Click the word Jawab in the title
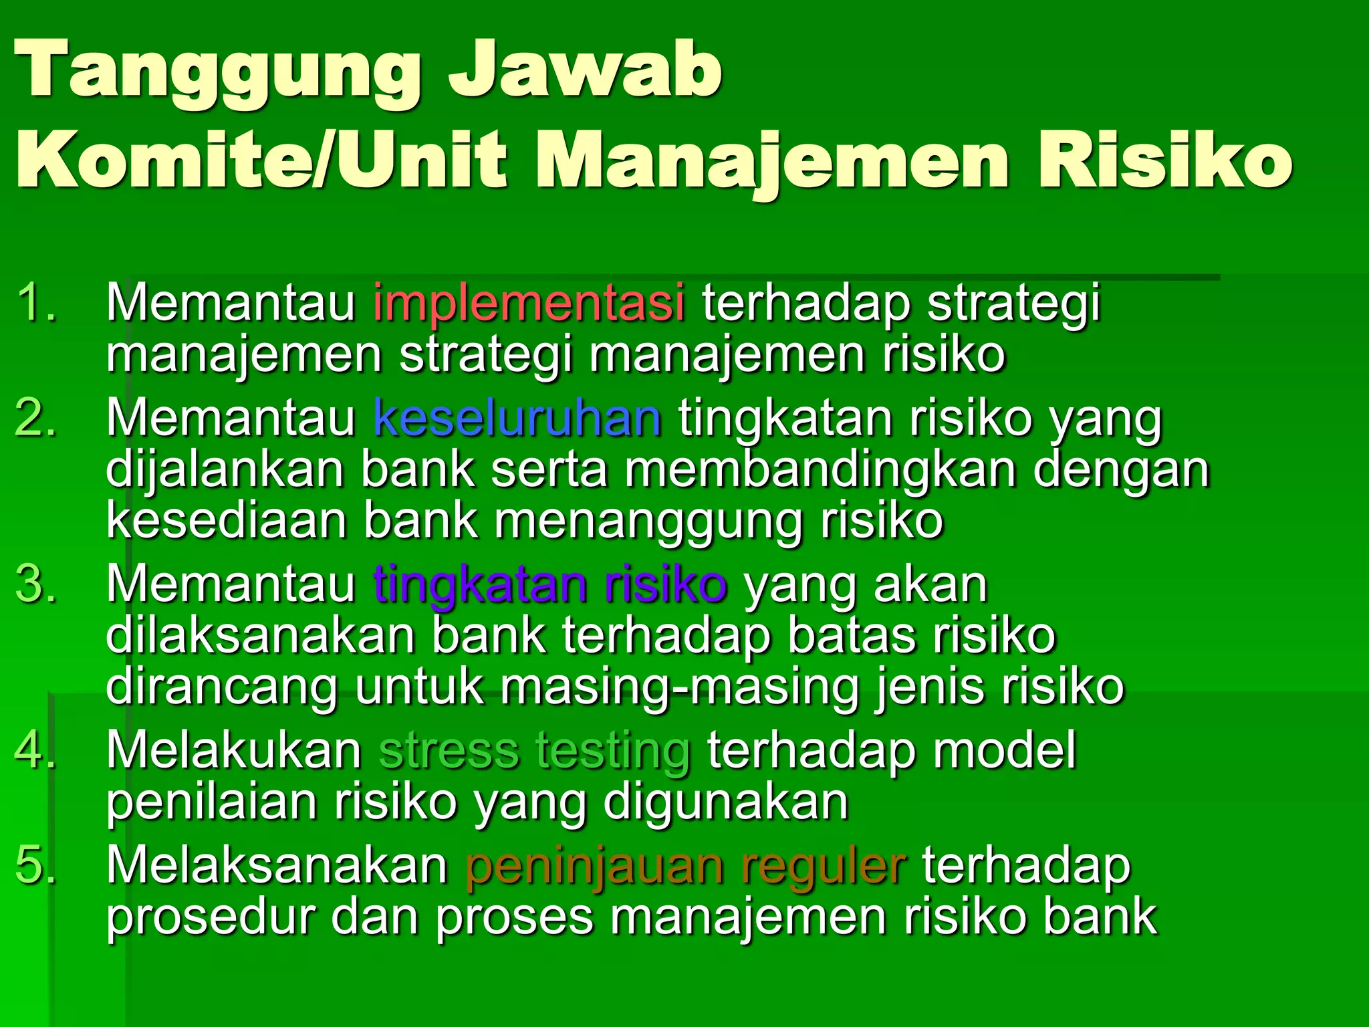click(585, 70)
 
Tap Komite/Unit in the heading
click(261, 160)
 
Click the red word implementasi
click(529, 302)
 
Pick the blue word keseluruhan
click(517, 418)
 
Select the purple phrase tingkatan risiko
click(549, 584)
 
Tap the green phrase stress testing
click(534, 750)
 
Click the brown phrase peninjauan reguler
click(685, 866)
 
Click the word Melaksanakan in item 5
click(277, 866)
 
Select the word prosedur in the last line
click(210, 917)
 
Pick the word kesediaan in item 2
click(226, 520)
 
